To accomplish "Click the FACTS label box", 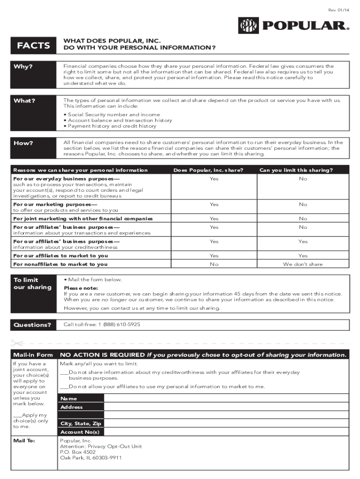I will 33,45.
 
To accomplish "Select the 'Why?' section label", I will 23,66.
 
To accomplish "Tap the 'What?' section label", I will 24,101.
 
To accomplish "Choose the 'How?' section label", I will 23,143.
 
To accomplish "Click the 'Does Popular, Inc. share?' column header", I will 208,170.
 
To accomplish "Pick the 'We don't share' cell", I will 302,264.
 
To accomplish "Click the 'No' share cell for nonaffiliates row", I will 214,264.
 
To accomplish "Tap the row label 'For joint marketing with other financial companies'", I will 83,218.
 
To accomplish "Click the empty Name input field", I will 226,399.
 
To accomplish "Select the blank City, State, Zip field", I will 226,423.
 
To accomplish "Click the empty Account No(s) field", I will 226,432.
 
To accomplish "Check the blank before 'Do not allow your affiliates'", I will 64,387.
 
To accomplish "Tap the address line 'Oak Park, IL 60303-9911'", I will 91,457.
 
